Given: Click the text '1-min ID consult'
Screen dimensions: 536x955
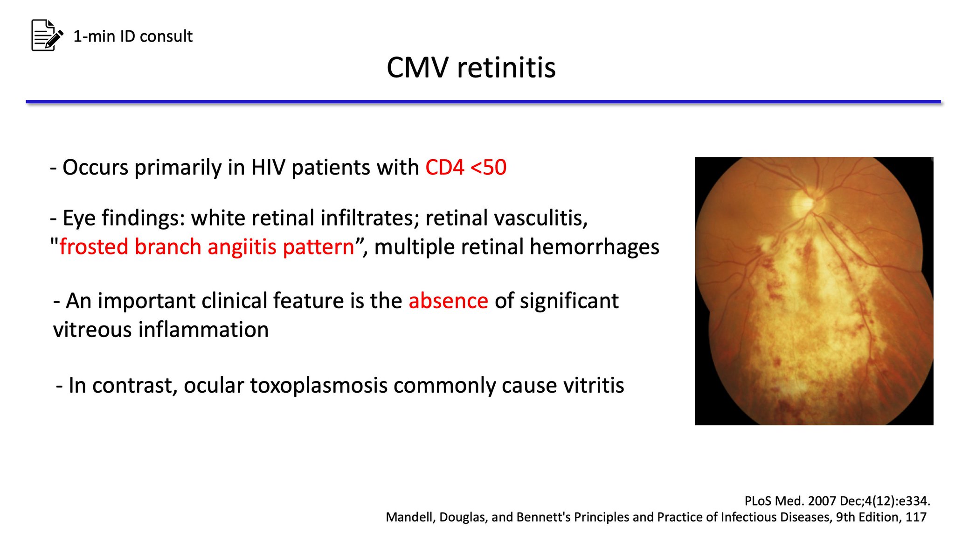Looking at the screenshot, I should click(133, 36).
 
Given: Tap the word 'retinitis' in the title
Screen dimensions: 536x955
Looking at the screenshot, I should click(506, 68).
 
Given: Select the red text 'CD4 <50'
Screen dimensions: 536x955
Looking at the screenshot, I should click(465, 167).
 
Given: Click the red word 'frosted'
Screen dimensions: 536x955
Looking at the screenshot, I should click(94, 247).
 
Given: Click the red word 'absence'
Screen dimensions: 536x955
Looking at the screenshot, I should click(448, 301).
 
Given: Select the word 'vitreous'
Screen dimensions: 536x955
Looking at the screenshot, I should click(92, 330).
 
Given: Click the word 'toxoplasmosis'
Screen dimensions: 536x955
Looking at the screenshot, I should click(319, 386).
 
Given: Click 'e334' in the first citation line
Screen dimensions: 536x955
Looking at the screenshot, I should click(916, 501).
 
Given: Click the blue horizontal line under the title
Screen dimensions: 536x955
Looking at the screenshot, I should click(483, 101).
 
